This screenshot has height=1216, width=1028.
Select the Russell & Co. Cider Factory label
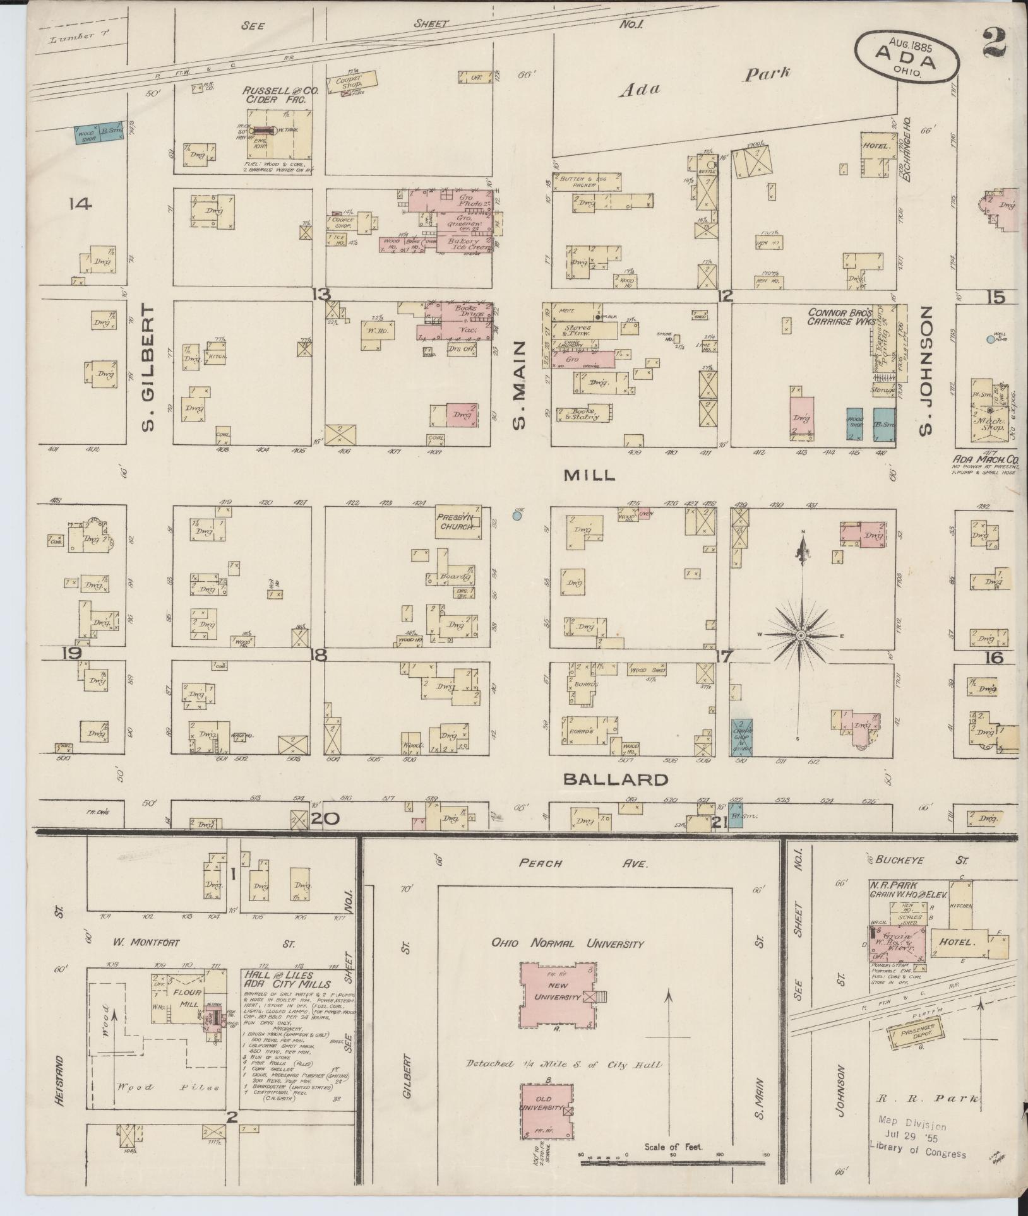281,95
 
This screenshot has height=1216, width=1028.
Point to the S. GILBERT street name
148,367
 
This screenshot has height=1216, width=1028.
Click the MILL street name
589,475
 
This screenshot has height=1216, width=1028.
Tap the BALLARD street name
615,779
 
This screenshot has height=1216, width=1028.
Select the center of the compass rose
801,635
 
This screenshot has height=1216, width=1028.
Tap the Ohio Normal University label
568,944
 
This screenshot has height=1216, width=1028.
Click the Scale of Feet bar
672,1159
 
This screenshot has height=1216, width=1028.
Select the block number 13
321,294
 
